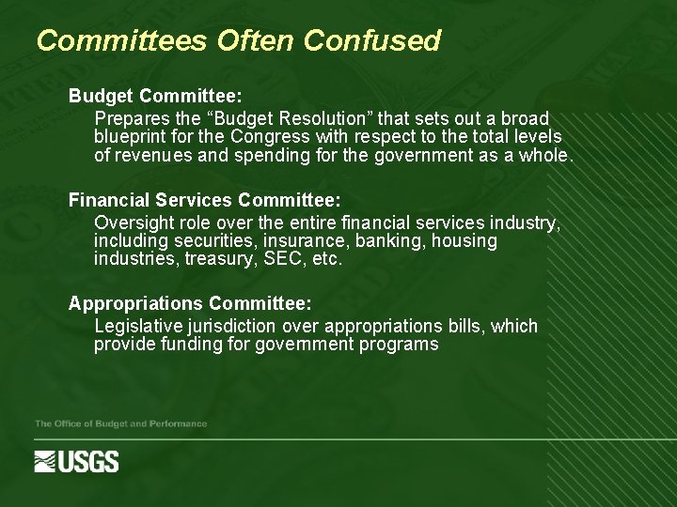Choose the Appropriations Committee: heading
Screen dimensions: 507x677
190,303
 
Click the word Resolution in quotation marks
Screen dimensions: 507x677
314,119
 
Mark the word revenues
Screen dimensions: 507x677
150,156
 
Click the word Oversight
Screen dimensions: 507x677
134,223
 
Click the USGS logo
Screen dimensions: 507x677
77,461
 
